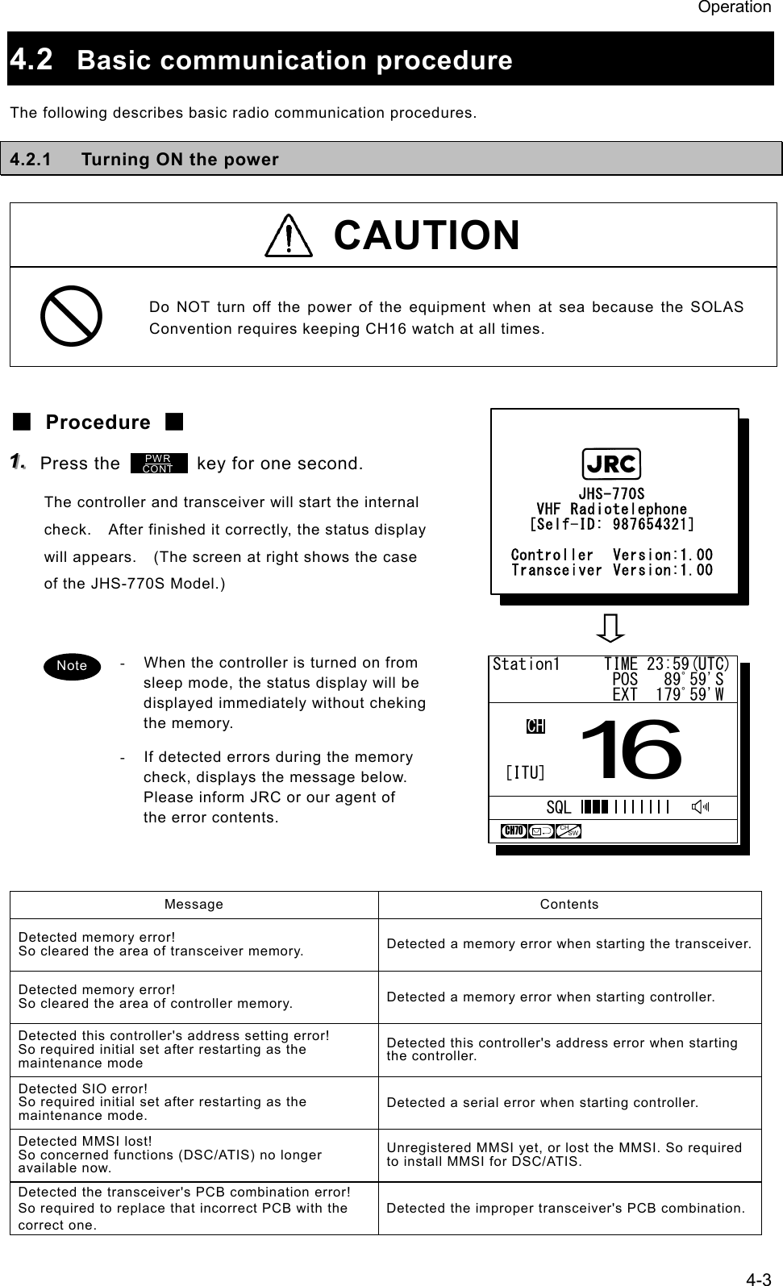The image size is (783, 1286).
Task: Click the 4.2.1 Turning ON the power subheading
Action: point(144,159)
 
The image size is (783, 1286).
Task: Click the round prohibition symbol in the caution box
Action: point(71,316)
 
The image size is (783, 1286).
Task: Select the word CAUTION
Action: point(427,235)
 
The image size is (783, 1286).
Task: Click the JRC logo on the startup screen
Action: point(611,464)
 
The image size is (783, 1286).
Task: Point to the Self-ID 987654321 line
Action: point(611,525)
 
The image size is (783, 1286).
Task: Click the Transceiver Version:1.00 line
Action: point(611,570)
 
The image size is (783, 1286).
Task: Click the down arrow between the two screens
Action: point(613,629)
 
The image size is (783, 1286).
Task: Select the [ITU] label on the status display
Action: point(525,773)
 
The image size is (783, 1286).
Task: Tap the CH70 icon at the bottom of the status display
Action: point(514,831)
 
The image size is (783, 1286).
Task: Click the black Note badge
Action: point(72,666)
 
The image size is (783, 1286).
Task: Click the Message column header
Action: point(194,905)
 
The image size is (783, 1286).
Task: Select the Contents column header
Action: point(569,905)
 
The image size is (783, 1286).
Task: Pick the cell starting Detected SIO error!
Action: point(194,1102)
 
